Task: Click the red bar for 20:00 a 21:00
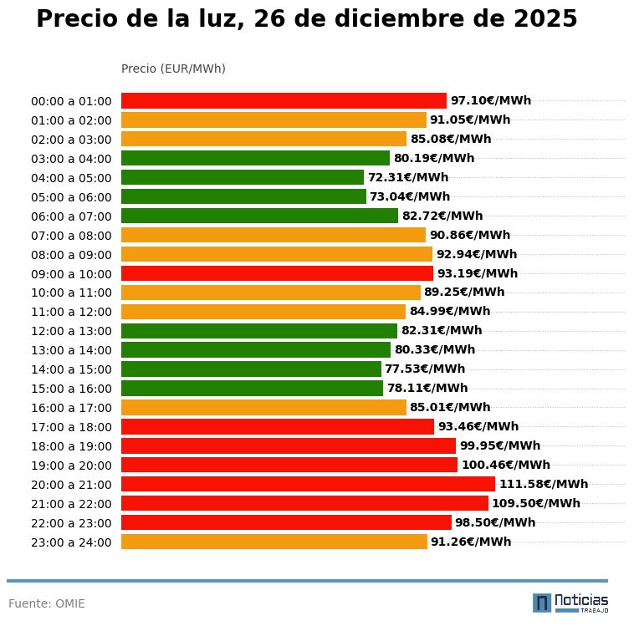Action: (x=308, y=484)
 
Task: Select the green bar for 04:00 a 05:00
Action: (x=243, y=177)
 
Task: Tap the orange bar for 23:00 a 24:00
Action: (x=274, y=542)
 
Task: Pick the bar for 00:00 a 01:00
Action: (x=284, y=100)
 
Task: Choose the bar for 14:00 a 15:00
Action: (x=251, y=369)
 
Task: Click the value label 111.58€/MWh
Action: (x=544, y=484)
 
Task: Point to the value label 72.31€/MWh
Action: (x=408, y=177)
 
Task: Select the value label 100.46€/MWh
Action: (x=506, y=465)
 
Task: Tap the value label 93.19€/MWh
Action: (x=478, y=273)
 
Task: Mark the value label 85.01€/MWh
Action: (x=450, y=407)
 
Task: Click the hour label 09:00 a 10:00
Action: (x=71, y=273)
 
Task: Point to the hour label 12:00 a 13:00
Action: (x=71, y=331)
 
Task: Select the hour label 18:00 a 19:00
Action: (x=71, y=446)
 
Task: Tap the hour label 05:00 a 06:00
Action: (x=71, y=197)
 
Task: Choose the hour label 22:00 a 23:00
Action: (x=71, y=523)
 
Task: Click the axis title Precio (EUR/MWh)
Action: (x=173, y=69)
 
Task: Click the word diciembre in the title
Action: (x=404, y=19)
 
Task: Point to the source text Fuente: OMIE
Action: (x=47, y=603)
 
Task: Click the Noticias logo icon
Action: (x=542, y=603)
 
